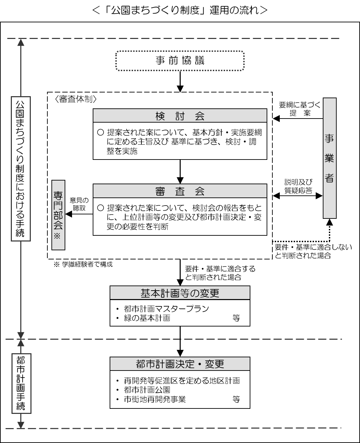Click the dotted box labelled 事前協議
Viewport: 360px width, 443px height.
pyautogui.click(x=180, y=61)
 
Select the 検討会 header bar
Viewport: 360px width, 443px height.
pyautogui.click(x=180, y=116)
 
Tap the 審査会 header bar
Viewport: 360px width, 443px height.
pyautogui.click(x=180, y=191)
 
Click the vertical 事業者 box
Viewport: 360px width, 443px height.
pyautogui.click(x=330, y=158)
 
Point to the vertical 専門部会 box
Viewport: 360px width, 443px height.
pyautogui.click(x=58, y=215)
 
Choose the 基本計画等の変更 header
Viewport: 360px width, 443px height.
pyautogui.click(x=180, y=293)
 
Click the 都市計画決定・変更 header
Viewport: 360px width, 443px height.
pyautogui.click(x=180, y=364)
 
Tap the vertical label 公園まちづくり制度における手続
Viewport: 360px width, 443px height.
pyautogui.click(x=21, y=169)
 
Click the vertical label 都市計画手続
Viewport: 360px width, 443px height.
pyautogui.click(x=21, y=383)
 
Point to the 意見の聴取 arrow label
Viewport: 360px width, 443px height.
pyautogui.click(x=78, y=204)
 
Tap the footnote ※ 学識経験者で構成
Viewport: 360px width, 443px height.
pyautogui.click(x=83, y=265)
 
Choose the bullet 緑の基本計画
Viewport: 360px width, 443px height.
pyautogui.click(x=147, y=318)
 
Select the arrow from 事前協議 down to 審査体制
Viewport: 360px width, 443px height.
pyautogui.click(x=180, y=81)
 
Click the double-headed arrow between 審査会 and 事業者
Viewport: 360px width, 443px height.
pyautogui.click(x=297, y=195)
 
